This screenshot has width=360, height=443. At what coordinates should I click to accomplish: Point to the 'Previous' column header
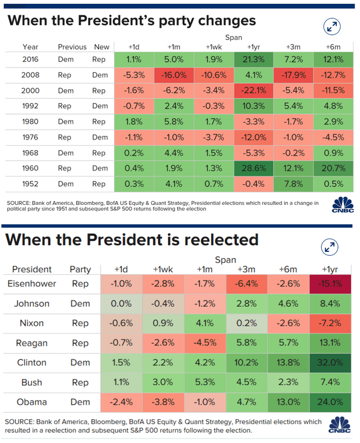[x=72, y=47]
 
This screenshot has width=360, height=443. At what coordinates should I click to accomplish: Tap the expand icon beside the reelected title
[x=331, y=247]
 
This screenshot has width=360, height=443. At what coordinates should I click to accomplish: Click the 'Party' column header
[x=80, y=269]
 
